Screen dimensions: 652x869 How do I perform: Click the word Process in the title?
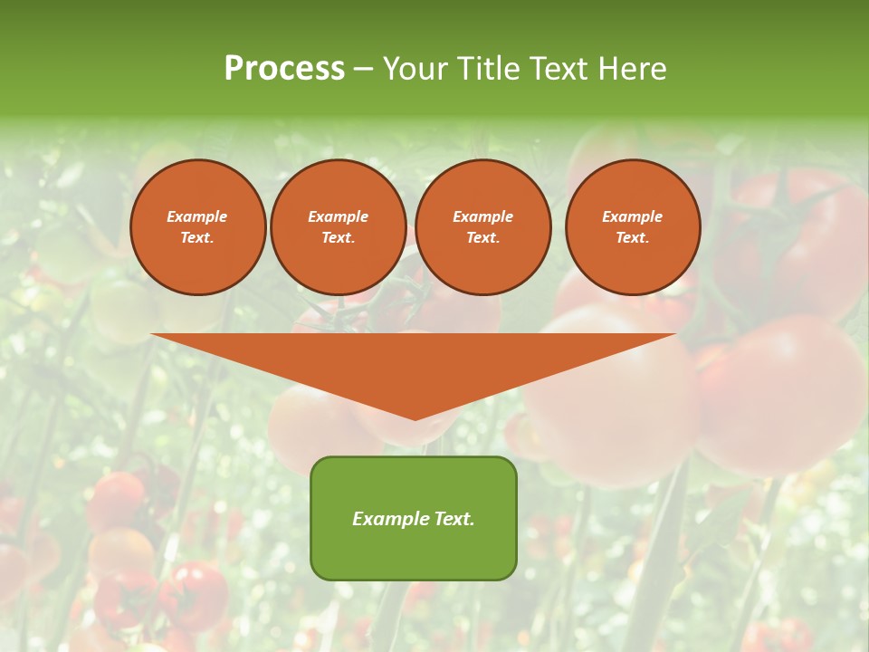point(284,69)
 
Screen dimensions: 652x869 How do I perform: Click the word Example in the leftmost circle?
point(197,216)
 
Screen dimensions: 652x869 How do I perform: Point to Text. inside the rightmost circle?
point(633,238)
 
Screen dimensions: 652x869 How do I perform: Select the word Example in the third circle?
point(482,216)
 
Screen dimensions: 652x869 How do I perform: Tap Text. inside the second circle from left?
point(339,238)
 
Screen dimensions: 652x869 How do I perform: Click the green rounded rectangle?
point(414,552)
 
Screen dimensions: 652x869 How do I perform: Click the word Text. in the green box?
point(453,519)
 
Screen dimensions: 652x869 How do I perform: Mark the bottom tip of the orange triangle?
point(415,418)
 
